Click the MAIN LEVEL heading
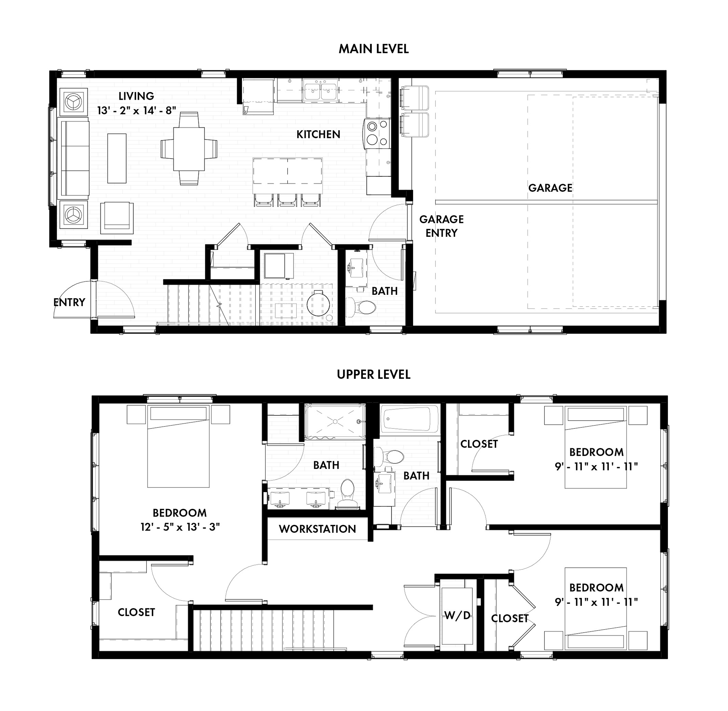[374, 49]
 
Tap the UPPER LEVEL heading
[374, 375]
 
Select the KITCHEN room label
[318, 134]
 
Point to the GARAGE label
[550, 188]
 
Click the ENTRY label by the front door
[69, 302]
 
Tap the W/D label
[457, 615]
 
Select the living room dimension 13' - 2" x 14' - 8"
[136, 110]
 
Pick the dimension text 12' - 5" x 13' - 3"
[180, 527]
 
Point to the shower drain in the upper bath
[335, 421]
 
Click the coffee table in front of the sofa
[117, 158]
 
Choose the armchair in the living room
[117, 218]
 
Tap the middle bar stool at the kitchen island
[287, 200]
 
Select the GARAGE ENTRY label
[441, 226]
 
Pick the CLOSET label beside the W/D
[509, 618]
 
